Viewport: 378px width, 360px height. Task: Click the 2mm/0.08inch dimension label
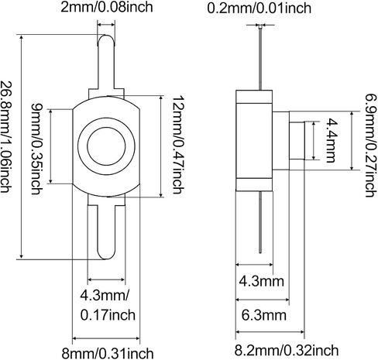107,7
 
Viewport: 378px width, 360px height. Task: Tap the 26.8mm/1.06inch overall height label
6,137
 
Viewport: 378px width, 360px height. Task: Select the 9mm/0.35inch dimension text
36,149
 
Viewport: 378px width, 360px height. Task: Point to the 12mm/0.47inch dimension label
178,145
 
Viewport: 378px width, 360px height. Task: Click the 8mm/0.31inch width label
108,353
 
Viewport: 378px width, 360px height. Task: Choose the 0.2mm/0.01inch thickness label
259,8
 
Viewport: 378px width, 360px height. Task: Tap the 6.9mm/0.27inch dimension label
371,146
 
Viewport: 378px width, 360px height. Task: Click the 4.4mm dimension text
330,140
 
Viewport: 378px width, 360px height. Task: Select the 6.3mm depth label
264,315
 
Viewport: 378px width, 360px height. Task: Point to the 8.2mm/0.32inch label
287,350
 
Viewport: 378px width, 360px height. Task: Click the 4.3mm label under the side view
261,281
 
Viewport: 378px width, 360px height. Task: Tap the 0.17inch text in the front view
108,315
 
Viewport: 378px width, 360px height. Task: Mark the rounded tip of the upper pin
105,35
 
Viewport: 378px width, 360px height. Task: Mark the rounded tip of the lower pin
106,259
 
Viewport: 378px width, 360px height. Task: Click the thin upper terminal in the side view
260,58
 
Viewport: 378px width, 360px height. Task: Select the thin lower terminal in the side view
260,222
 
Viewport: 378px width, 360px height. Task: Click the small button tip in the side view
297,141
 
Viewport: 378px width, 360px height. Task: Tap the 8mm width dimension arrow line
106,338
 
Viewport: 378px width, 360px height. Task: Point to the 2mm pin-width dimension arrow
106,25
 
